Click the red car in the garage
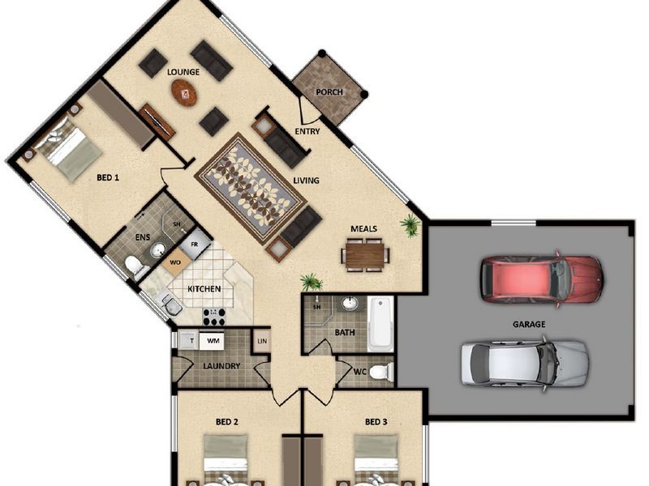pyautogui.click(x=541, y=278)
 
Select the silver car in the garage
pyautogui.click(x=524, y=362)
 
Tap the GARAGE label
pyautogui.click(x=528, y=324)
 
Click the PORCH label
pyautogui.click(x=329, y=92)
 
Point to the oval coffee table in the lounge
pyautogui.click(x=184, y=92)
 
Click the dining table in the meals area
pyautogui.click(x=363, y=256)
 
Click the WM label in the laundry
pyautogui.click(x=213, y=342)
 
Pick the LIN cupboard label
pyautogui.click(x=261, y=341)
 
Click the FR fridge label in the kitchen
pyautogui.click(x=195, y=243)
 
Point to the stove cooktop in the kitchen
pyautogui.click(x=213, y=315)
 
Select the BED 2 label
pyautogui.click(x=226, y=422)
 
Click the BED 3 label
pyautogui.click(x=376, y=422)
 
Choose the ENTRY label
pyautogui.click(x=307, y=131)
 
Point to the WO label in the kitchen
pyautogui.click(x=174, y=262)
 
